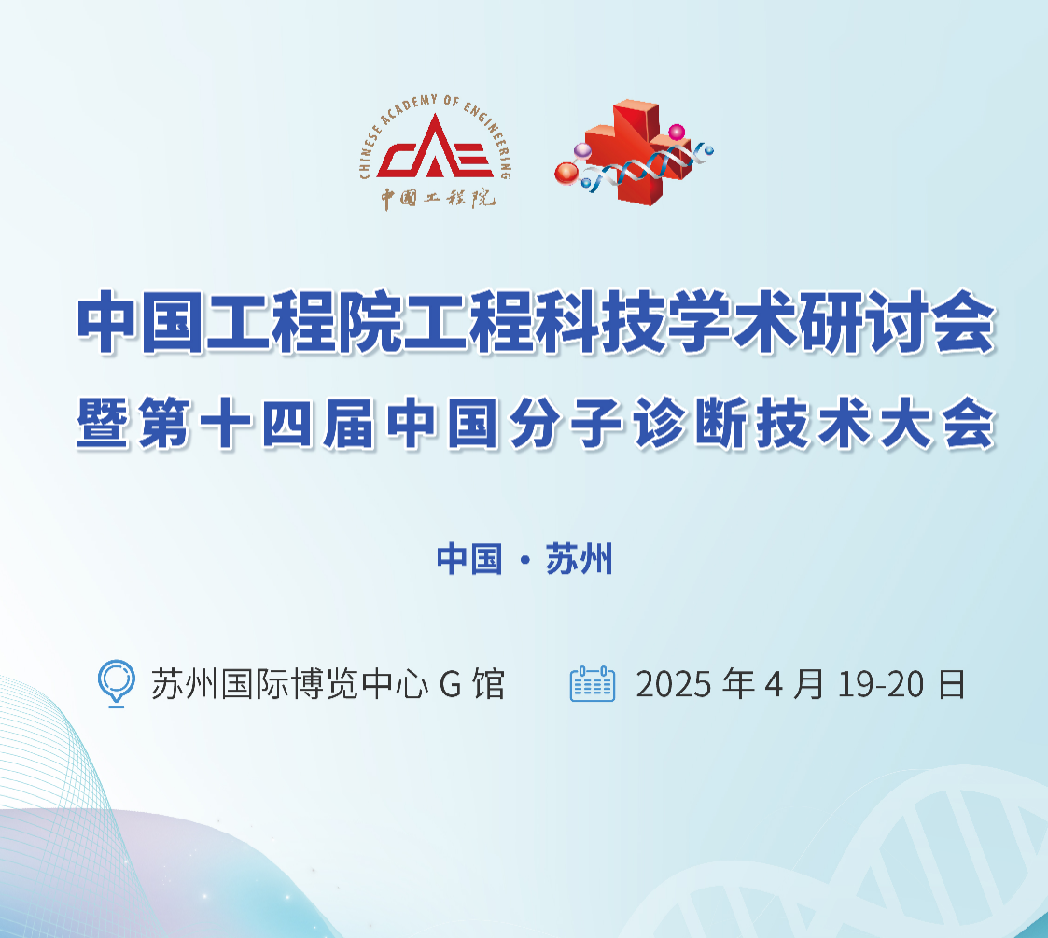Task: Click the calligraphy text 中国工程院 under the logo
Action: (439, 198)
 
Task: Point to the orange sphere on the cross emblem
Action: (566, 174)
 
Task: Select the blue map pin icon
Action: (117, 683)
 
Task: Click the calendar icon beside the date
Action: (593, 683)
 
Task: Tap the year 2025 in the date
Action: (673, 685)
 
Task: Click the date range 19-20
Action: (881, 685)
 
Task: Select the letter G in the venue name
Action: (451, 685)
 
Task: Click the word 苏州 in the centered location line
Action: (579, 559)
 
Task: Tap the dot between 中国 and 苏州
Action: (524, 560)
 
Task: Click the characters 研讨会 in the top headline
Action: (898, 322)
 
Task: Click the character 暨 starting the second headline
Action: (103, 423)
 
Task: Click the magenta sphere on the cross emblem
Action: (678, 133)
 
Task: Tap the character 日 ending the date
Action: (952, 684)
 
